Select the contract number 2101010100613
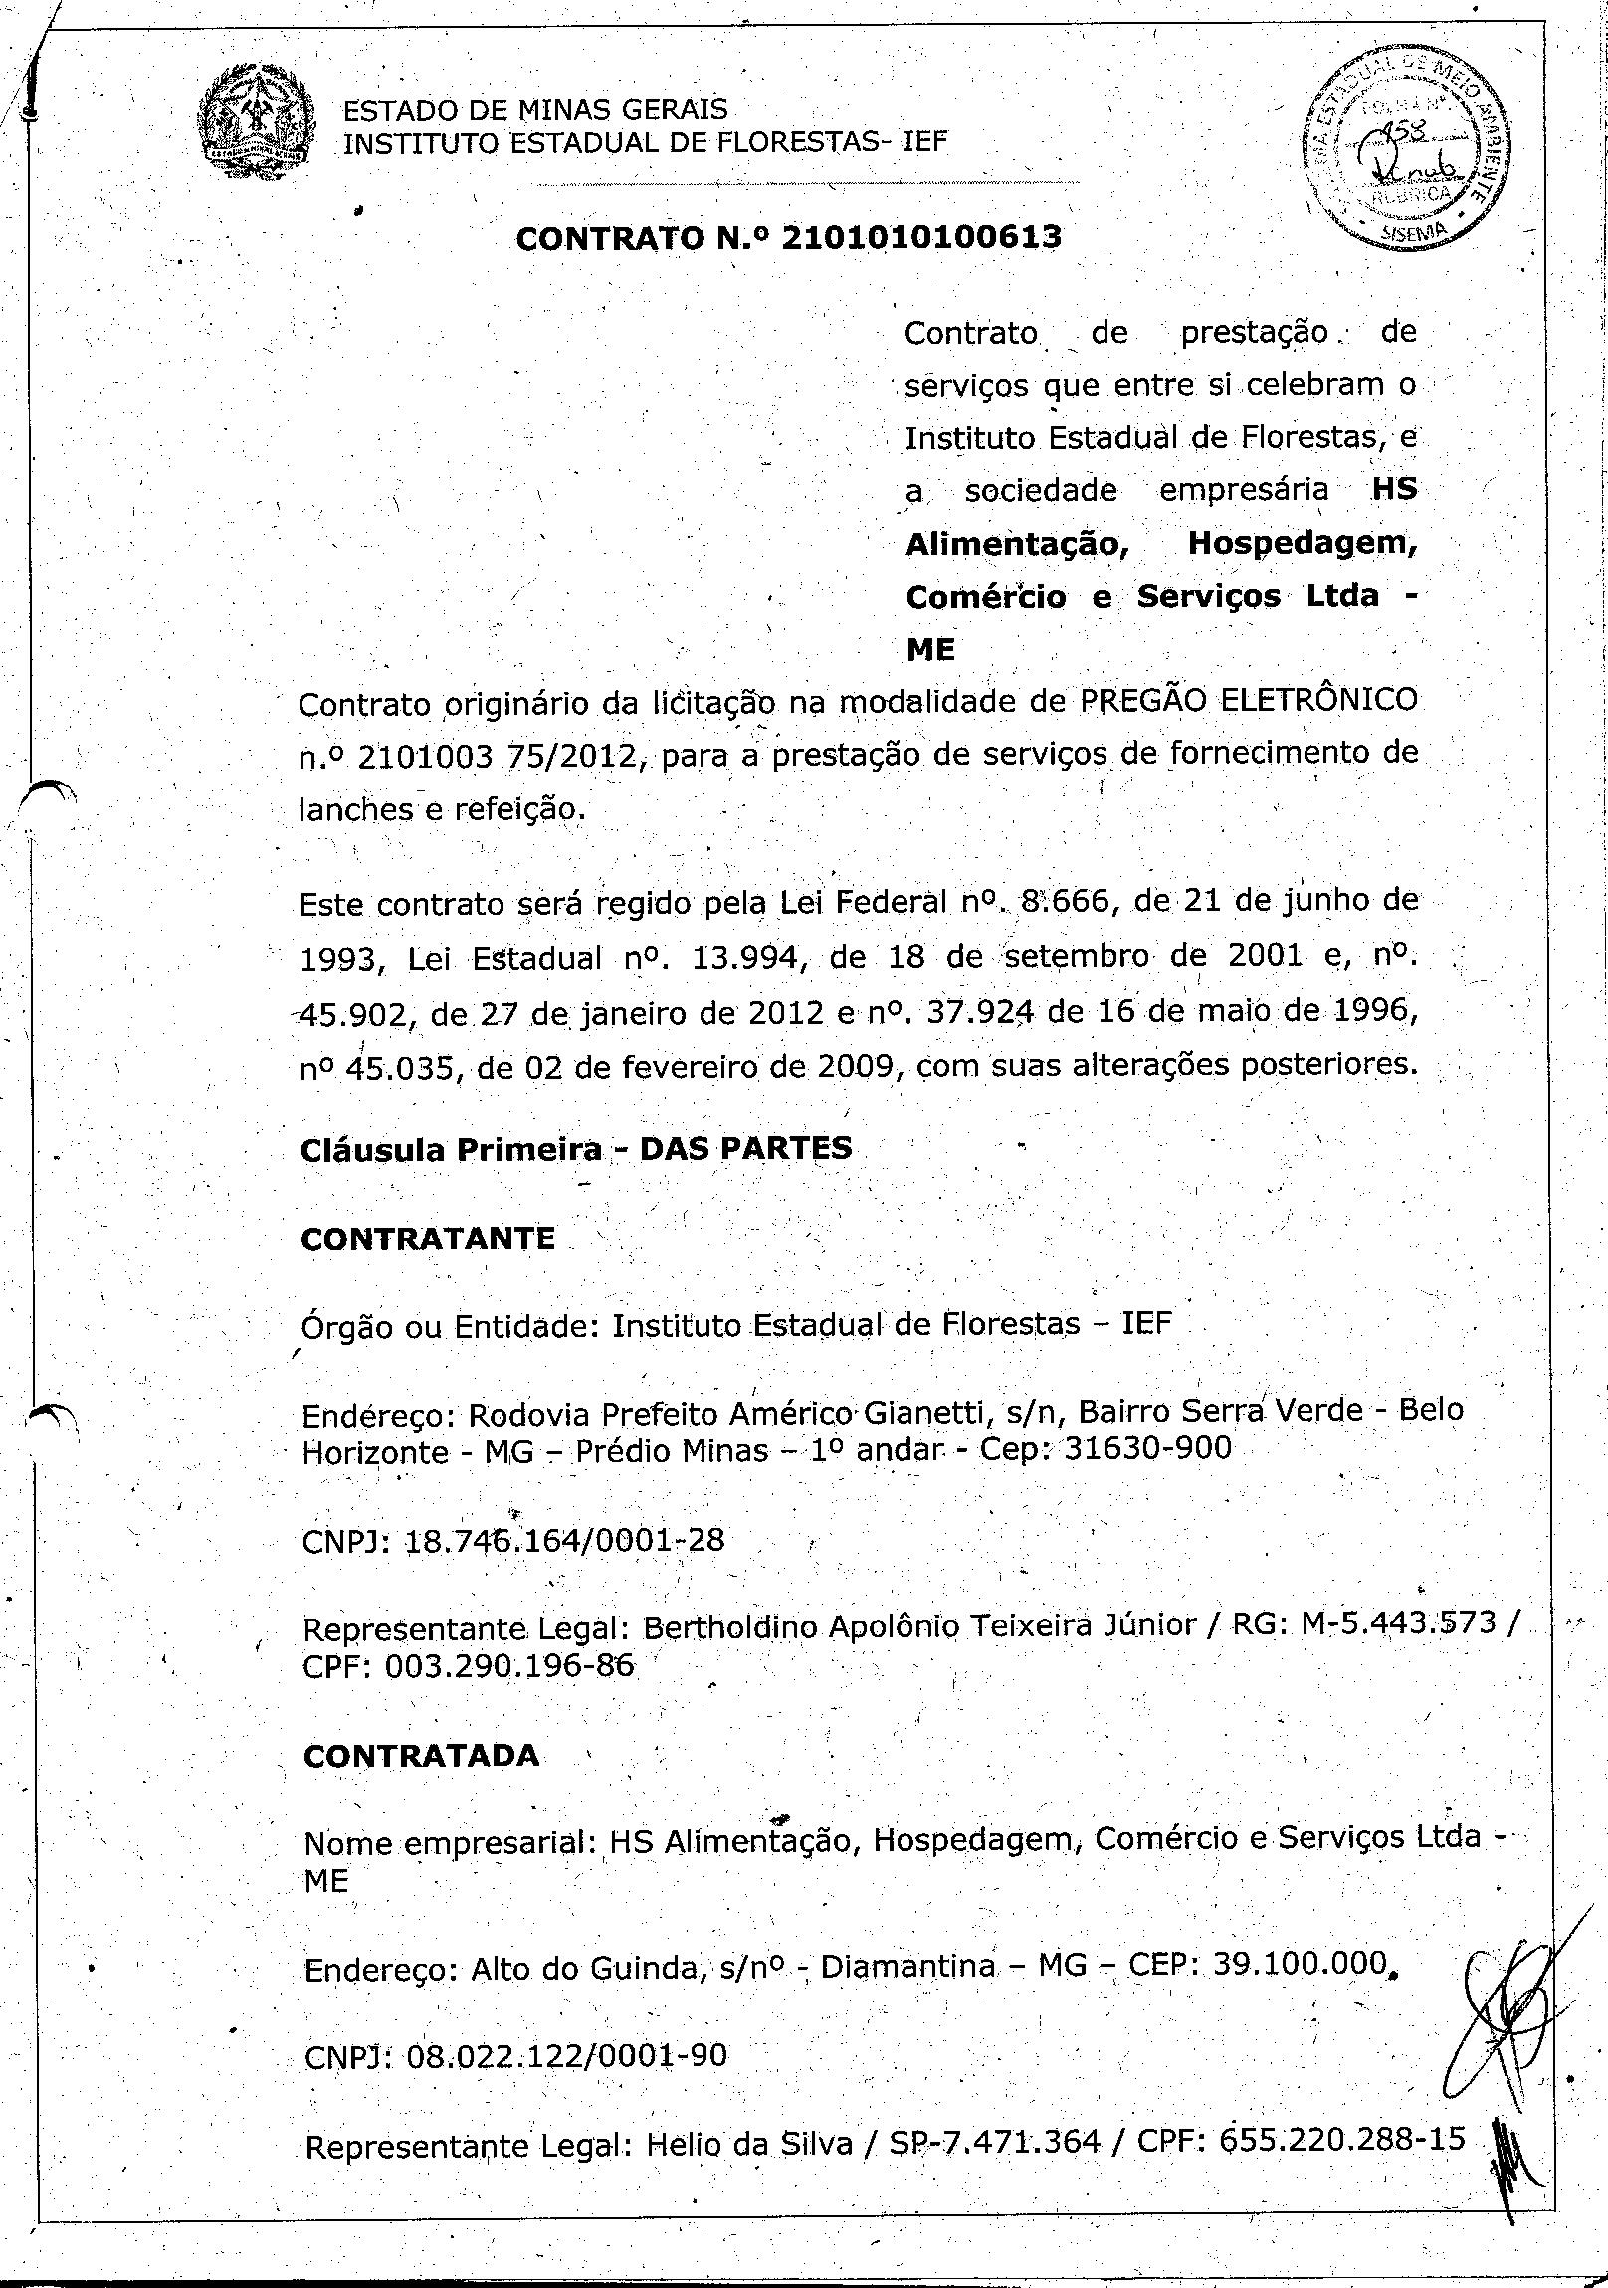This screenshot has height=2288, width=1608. tap(921, 237)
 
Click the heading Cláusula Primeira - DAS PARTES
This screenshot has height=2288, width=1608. tap(576, 1148)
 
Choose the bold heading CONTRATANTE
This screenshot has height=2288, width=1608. tap(428, 1238)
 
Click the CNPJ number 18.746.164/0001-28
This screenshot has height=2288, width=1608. tap(565, 1540)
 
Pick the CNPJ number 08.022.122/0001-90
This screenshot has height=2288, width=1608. tap(566, 2056)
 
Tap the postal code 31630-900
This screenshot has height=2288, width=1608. tap(1147, 1448)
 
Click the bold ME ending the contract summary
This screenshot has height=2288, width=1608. tap(930, 650)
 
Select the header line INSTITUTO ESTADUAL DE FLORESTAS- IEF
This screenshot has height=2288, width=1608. tap(644, 143)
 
